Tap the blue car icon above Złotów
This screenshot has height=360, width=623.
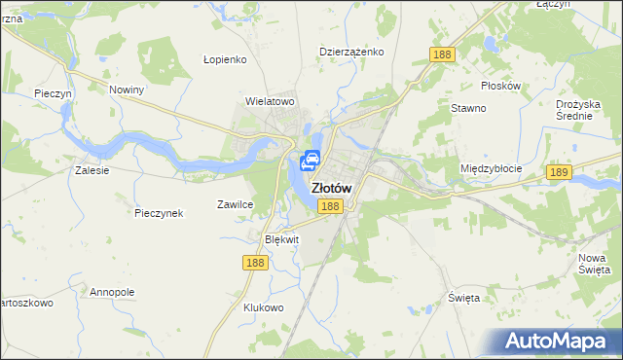pyautogui.click(x=311, y=162)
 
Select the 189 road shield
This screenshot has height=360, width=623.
pyautogui.click(x=558, y=172)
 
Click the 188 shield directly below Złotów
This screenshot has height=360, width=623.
pyautogui.click(x=330, y=206)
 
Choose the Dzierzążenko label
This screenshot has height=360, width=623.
pyautogui.click(x=352, y=52)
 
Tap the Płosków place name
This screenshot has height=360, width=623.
pyautogui.click(x=501, y=86)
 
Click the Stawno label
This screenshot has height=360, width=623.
pyautogui.click(x=468, y=108)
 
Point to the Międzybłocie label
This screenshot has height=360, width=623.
pyautogui.click(x=491, y=168)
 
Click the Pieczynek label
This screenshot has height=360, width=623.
pyautogui.click(x=159, y=213)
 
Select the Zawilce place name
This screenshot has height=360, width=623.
pyautogui.click(x=235, y=204)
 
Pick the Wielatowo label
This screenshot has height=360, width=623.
pyautogui.click(x=270, y=100)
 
